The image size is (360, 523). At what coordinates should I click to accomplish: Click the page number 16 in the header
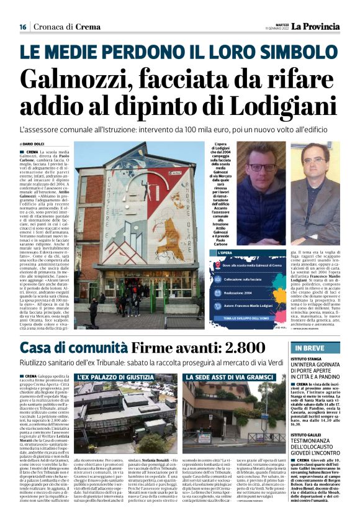pyautogui.click(x=22, y=27)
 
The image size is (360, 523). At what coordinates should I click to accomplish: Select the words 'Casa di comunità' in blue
pyautogui.click(x=68, y=348)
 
